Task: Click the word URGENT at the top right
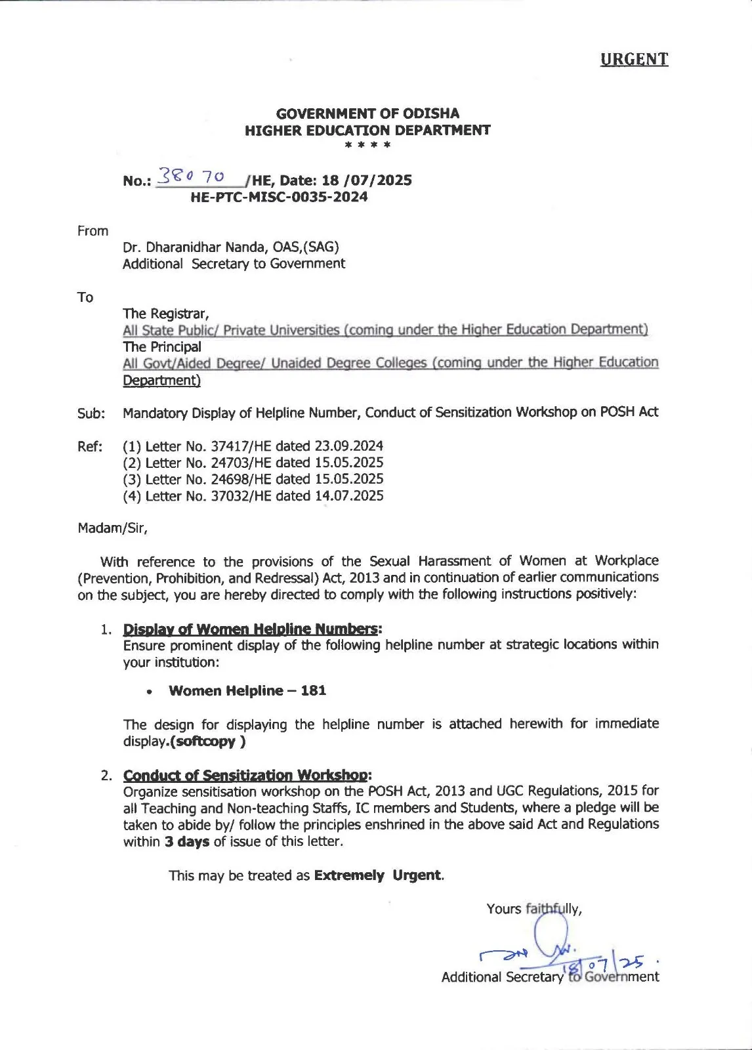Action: click(634, 59)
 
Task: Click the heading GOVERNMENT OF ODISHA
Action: click(367, 114)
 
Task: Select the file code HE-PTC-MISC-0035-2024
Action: click(279, 197)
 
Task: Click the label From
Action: click(93, 231)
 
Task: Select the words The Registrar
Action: click(166, 314)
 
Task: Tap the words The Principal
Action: click(162, 346)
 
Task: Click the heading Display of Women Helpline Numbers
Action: click(251, 629)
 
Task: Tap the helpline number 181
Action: click(314, 690)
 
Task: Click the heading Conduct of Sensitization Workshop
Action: click(247, 775)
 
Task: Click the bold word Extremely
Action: click(349, 875)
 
